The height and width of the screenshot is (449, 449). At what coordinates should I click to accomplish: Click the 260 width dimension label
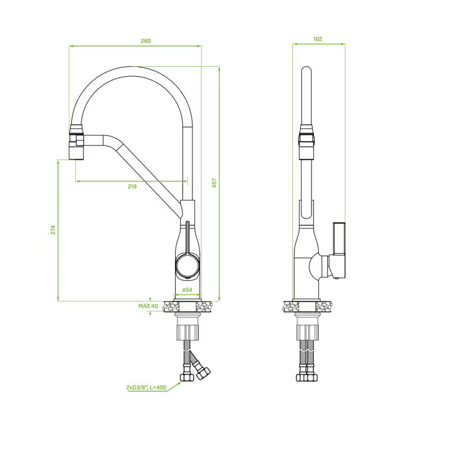point(145,41)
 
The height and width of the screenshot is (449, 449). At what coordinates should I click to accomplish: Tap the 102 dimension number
point(318,39)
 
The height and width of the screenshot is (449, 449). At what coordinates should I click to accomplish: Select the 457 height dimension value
point(214,184)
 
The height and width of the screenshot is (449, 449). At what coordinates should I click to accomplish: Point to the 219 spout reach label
point(132,186)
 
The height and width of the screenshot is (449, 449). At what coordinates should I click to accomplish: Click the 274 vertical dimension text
point(53,230)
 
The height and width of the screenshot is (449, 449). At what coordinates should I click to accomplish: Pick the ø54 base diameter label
point(187,290)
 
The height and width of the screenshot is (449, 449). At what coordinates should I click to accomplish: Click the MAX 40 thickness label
point(148,306)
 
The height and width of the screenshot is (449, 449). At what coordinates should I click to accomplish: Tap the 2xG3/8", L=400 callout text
point(146,387)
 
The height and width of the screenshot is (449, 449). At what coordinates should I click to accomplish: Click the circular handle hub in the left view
point(187,265)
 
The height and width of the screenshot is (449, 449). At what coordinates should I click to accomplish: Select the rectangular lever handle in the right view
point(339,238)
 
